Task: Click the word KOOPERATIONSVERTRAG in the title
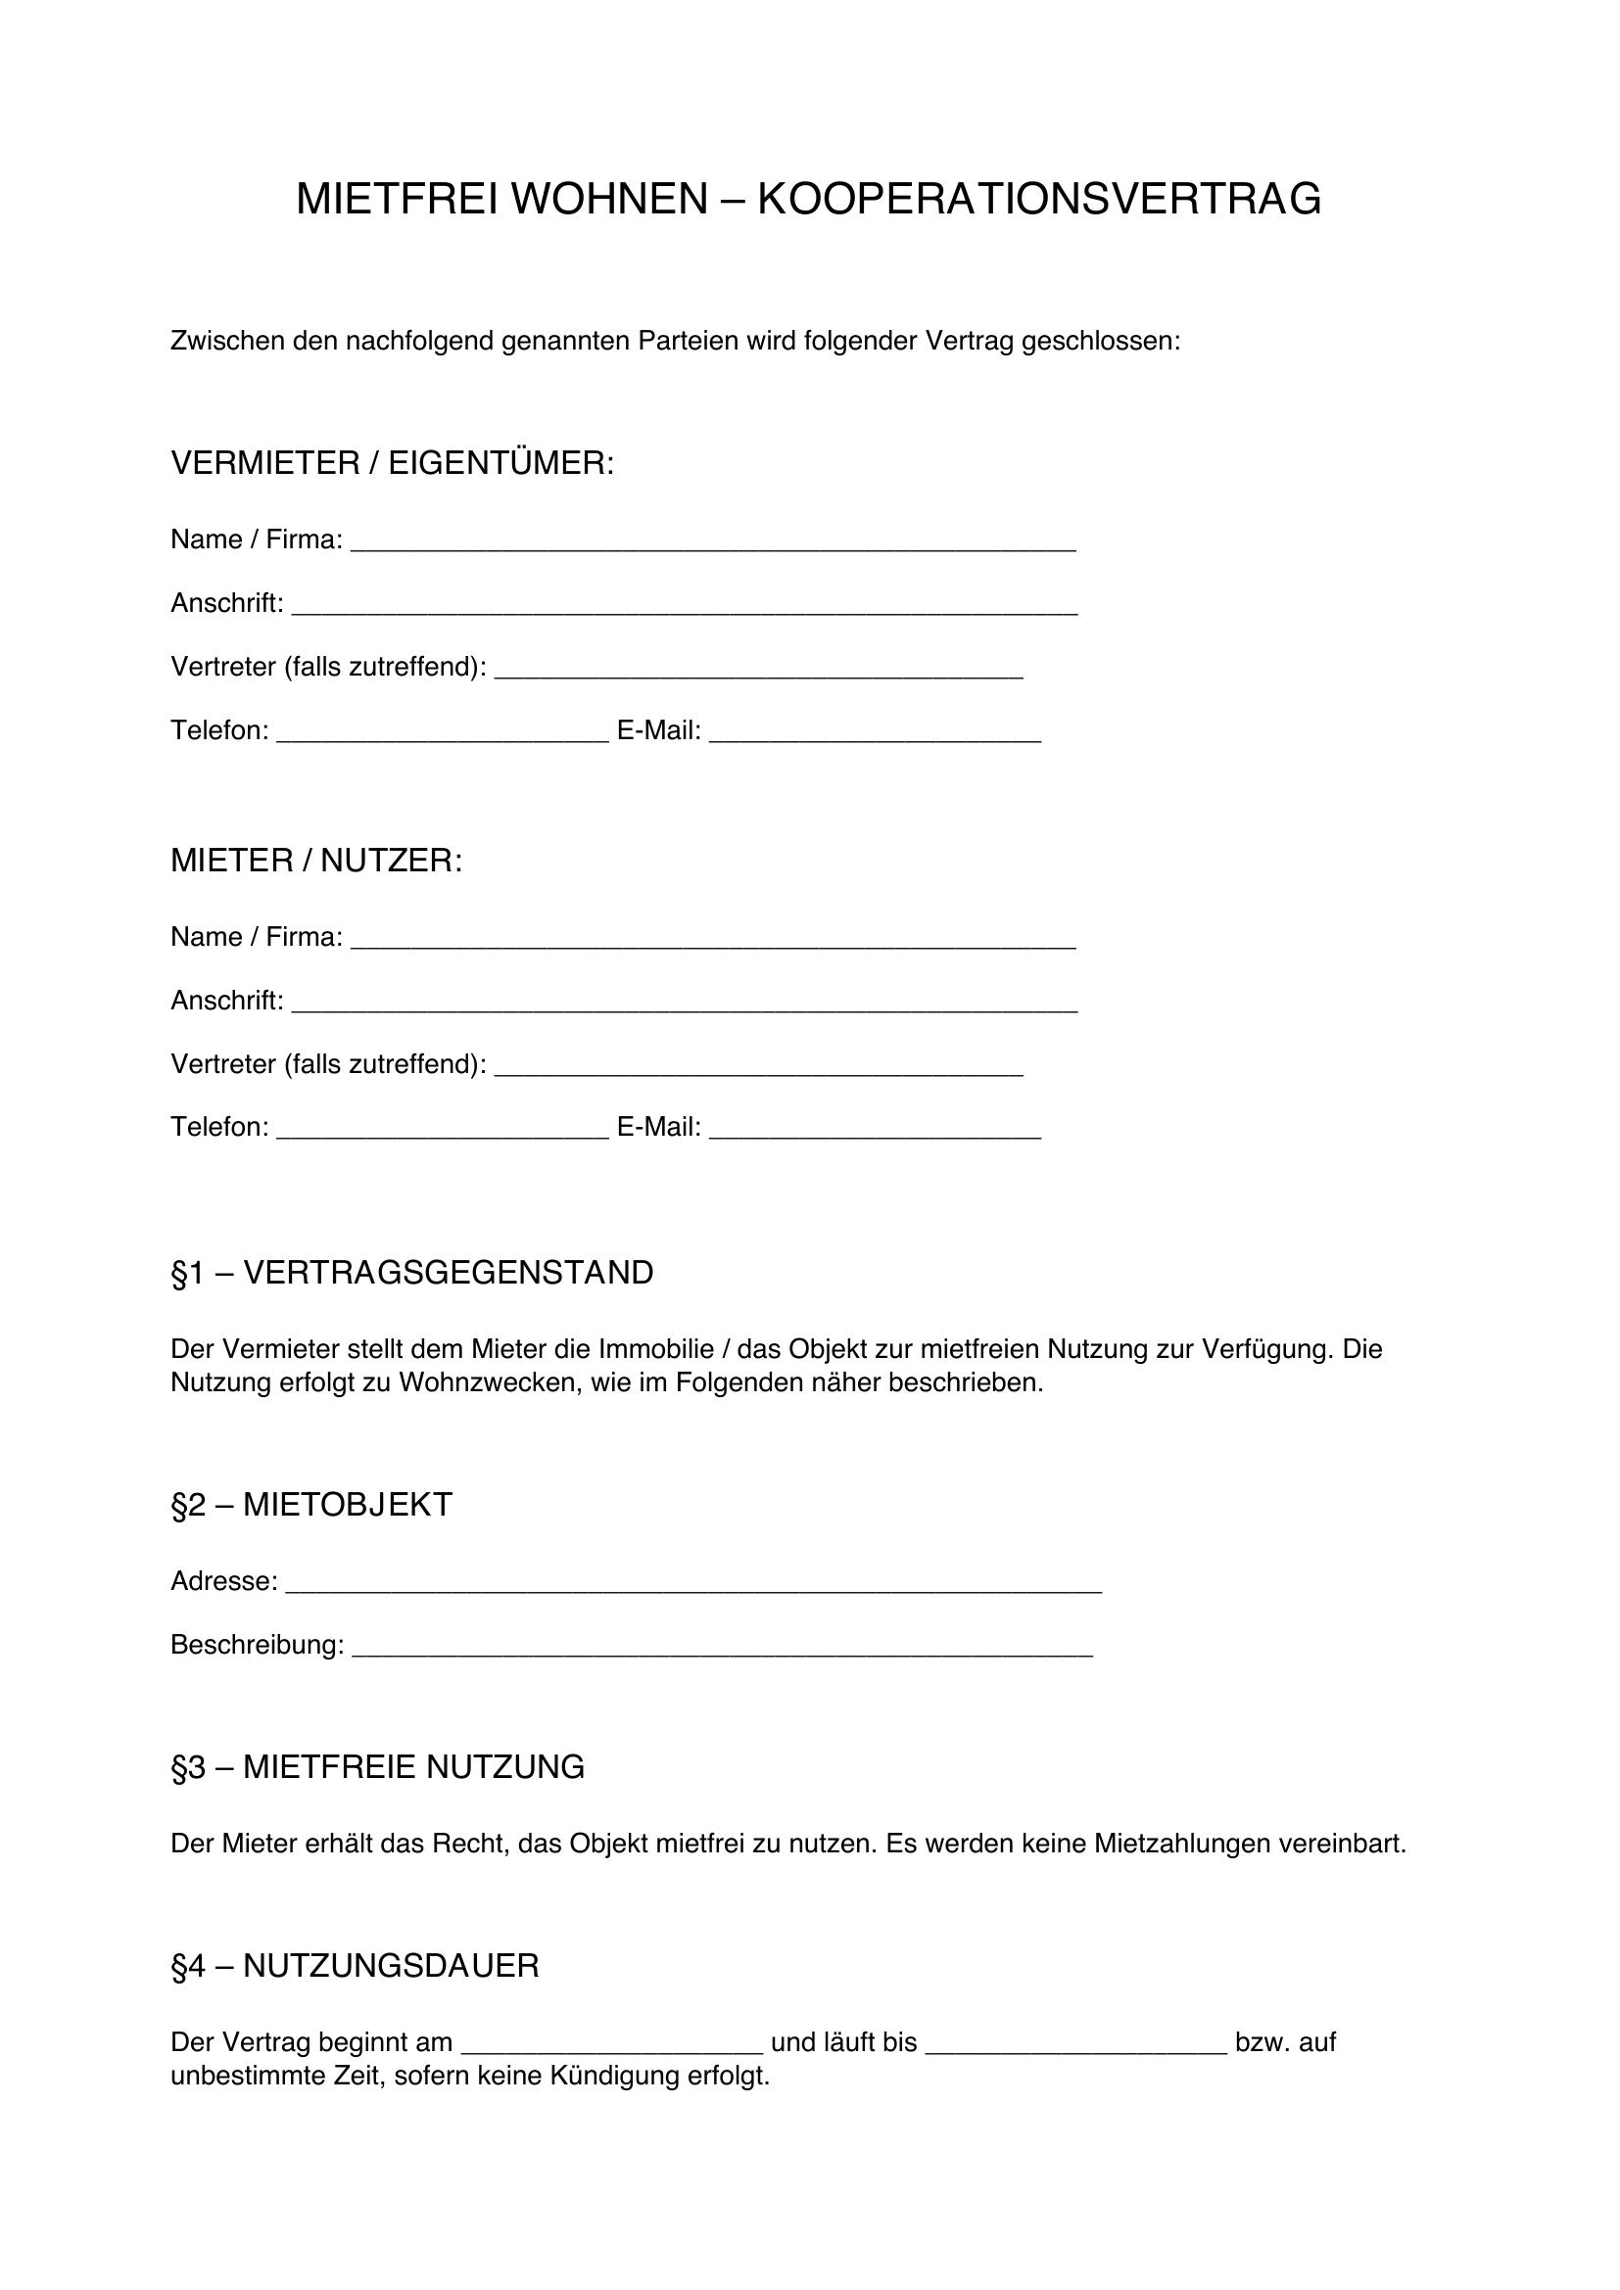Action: [1039, 200]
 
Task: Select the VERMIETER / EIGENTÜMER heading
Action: [392, 464]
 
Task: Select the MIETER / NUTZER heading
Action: [316, 861]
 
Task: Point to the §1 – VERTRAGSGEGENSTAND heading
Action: [412, 1274]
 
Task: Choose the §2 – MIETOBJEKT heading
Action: [311, 1505]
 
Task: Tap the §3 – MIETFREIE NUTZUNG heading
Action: [377, 1767]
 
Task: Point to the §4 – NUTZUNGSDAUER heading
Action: [355, 1966]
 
